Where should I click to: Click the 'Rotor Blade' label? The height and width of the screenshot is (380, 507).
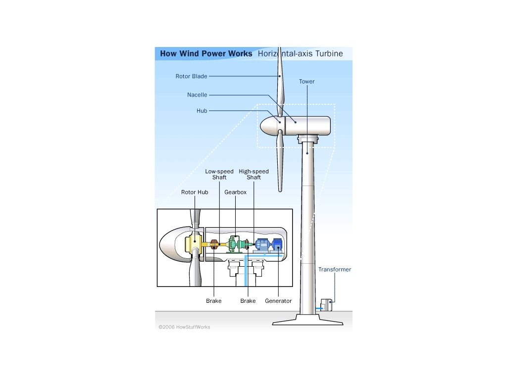pos(191,76)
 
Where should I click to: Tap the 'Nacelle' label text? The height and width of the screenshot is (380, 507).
pos(197,95)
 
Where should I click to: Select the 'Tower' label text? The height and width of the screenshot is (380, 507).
pos(306,81)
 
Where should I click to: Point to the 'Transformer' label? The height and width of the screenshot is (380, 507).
pos(334,270)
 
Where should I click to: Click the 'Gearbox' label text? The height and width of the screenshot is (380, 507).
pos(235,192)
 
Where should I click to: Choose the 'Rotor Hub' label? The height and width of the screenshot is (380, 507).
pos(195,192)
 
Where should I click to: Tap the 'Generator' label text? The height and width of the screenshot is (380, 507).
pos(278,301)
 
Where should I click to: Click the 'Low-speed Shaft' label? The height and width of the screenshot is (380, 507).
pos(219,174)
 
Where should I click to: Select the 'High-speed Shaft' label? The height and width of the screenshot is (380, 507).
pos(253,174)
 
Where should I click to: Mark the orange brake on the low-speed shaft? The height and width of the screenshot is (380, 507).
pos(214,244)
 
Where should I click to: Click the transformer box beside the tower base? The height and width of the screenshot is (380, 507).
pos(326,305)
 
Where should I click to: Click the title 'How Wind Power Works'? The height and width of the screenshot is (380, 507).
pos(205,54)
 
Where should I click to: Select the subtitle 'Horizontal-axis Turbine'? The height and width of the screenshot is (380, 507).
pos(300,54)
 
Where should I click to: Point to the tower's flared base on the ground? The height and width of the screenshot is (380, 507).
pos(307,320)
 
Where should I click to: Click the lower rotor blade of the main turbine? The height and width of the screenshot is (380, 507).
pos(280,161)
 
